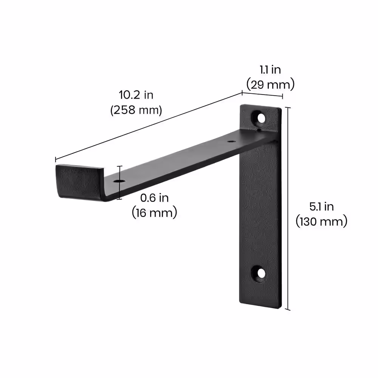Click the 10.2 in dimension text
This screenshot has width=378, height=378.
click(x=136, y=95)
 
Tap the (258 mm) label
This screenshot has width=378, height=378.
click(x=136, y=110)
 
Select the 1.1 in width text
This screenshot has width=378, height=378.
click(x=270, y=70)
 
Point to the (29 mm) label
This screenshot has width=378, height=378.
click(x=270, y=84)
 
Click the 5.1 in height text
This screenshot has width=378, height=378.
click(x=321, y=206)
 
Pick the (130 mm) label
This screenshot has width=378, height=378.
click(x=321, y=222)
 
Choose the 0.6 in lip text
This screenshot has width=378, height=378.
click(x=154, y=197)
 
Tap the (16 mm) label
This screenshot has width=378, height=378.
click(x=154, y=213)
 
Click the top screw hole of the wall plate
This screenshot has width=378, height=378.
click(x=260, y=118)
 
